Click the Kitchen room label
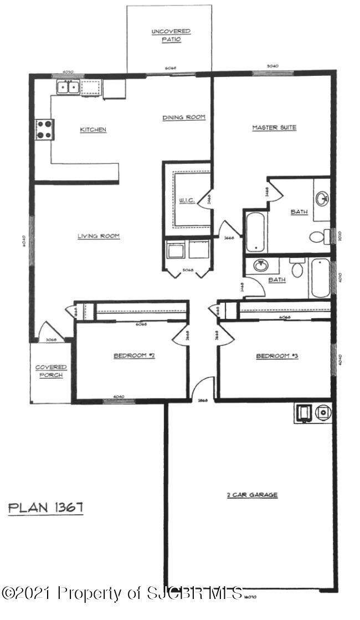[92, 130]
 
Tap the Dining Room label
[184, 117]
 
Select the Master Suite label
[274, 128]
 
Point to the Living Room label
[99, 236]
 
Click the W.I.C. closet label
[187, 200]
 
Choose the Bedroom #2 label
[134, 356]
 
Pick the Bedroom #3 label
[277, 356]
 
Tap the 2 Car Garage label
[252, 495]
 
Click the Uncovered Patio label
[171, 35]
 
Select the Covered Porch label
[51, 371]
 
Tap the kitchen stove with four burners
[44, 130]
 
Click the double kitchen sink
[69, 87]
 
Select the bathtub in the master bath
[255, 231]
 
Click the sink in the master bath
[322, 198]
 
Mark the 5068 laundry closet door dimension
[188, 271]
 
